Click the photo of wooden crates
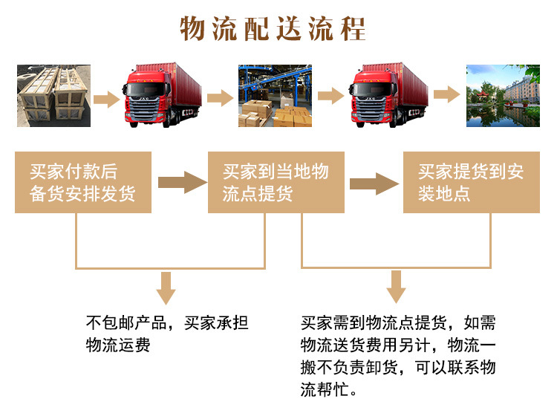(x=54, y=97)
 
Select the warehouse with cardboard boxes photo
(x=274, y=96)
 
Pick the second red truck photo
(x=389, y=96)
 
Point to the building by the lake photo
(x=503, y=96)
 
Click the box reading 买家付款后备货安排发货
(x=83, y=183)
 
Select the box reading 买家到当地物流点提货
(x=276, y=183)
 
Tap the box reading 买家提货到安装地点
(x=471, y=183)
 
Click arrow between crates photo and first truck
(x=107, y=99)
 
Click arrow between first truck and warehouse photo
(x=220, y=99)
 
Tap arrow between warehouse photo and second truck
(x=331, y=96)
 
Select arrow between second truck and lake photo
(x=446, y=95)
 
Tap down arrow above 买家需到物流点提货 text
(x=397, y=287)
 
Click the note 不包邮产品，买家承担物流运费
(x=167, y=334)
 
